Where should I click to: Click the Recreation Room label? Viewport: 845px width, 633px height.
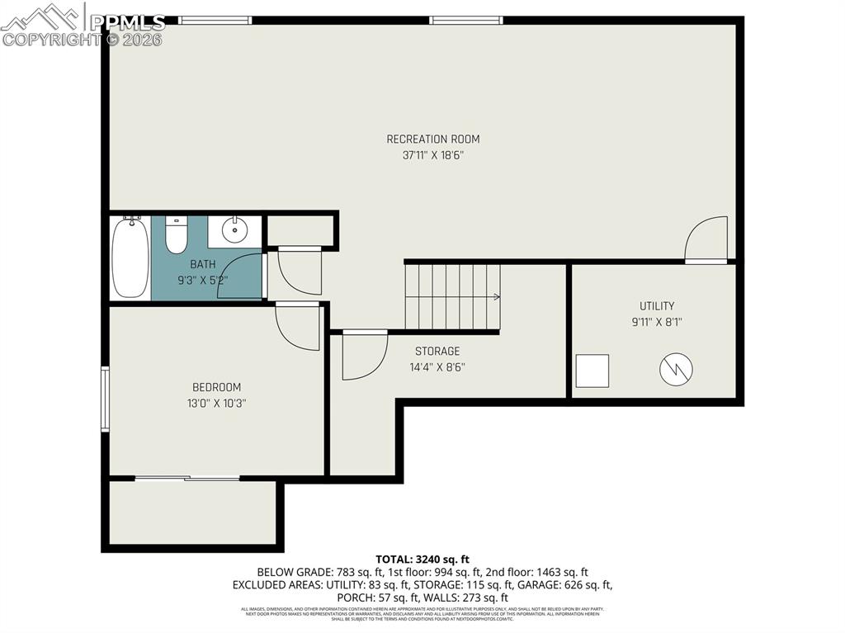tap(432, 139)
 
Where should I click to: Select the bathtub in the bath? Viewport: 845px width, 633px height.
tap(130, 257)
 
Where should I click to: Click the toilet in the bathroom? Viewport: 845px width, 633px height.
tap(176, 235)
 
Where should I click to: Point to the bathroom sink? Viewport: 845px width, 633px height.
tap(234, 230)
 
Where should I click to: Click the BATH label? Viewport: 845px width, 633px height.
tap(203, 264)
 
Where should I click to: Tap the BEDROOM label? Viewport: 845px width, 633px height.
tap(216, 387)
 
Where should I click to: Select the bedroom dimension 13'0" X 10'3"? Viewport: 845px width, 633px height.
tap(216, 403)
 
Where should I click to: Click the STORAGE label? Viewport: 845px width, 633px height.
tap(437, 352)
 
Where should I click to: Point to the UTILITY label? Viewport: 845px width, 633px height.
tap(657, 306)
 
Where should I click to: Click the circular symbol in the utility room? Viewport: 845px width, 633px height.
tap(676, 370)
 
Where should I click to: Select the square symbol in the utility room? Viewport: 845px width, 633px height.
tap(592, 371)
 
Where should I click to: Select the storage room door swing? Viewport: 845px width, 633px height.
tap(364, 356)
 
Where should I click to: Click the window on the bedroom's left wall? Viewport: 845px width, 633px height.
tap(105, 399)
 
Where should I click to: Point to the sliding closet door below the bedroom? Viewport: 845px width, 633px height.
tap(187, 478)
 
